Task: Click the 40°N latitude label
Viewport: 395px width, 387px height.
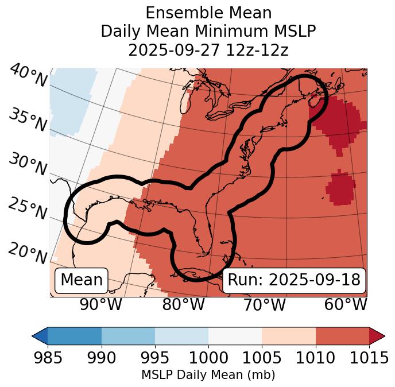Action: pos(28,76)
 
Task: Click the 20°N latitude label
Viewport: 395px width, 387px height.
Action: pos(28,253)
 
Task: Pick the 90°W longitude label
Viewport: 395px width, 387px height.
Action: pos(101,305)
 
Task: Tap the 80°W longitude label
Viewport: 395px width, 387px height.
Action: pos(184,305)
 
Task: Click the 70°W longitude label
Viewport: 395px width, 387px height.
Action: pos(265,305)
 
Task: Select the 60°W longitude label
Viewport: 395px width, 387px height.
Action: pos(346,305)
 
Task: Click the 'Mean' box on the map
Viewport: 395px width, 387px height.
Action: pos(82,280)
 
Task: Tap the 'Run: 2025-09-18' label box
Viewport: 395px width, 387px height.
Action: pos(294,280)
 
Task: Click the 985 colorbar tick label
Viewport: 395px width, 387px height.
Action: pos(48,358)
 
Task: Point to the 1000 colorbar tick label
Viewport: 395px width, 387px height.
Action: pos(208,358)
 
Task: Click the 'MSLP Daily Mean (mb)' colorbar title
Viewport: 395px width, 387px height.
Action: pos(208,376)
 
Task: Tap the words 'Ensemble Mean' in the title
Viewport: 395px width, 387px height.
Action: pos(208,13)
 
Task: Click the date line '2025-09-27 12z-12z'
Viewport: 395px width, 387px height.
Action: pos(208,50)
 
